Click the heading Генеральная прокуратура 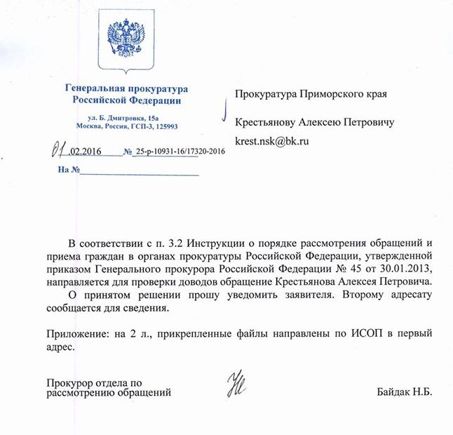127,89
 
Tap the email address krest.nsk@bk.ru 272,141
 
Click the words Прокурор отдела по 95,382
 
